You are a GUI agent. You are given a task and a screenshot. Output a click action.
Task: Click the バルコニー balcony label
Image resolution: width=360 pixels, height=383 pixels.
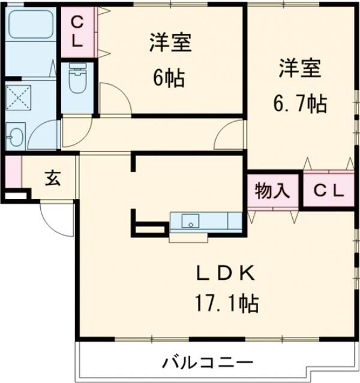point(207,363)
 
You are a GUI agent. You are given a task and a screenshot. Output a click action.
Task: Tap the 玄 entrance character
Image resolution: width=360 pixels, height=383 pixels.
point(52,178)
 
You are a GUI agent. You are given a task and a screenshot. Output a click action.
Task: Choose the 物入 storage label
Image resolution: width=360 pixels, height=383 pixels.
point(272,191)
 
